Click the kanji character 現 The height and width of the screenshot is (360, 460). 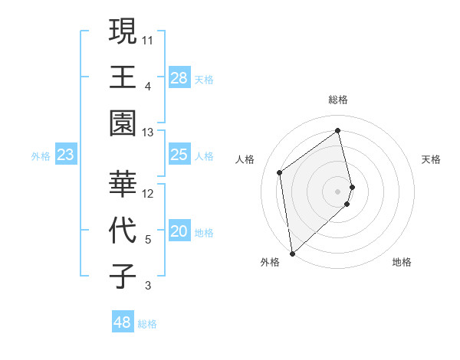[123, 32]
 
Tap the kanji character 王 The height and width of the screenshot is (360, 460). [123, 77]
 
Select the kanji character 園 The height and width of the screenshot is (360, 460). [123, 123]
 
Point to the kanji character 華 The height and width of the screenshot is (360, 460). [123, 184]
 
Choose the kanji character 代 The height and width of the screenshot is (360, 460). [123, 230]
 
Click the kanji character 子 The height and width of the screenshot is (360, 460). [123, 275]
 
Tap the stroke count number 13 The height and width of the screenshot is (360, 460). [148, 133]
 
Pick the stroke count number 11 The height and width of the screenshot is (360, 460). [148, 39]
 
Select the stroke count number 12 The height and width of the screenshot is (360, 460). [148, 193]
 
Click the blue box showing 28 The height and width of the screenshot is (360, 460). [179, 78]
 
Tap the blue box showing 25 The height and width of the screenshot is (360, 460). [179, 155]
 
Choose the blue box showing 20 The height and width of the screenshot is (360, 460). [179, 232]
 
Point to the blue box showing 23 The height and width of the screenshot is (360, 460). [66, 155]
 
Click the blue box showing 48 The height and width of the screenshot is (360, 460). [122, 322]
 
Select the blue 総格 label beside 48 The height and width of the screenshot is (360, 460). [147, 324]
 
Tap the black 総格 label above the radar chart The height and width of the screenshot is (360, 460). [337, 100]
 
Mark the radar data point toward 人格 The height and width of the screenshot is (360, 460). [280, 172]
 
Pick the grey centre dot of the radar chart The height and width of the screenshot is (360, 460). [338, 191]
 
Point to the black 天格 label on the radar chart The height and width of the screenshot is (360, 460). [432, 159]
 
